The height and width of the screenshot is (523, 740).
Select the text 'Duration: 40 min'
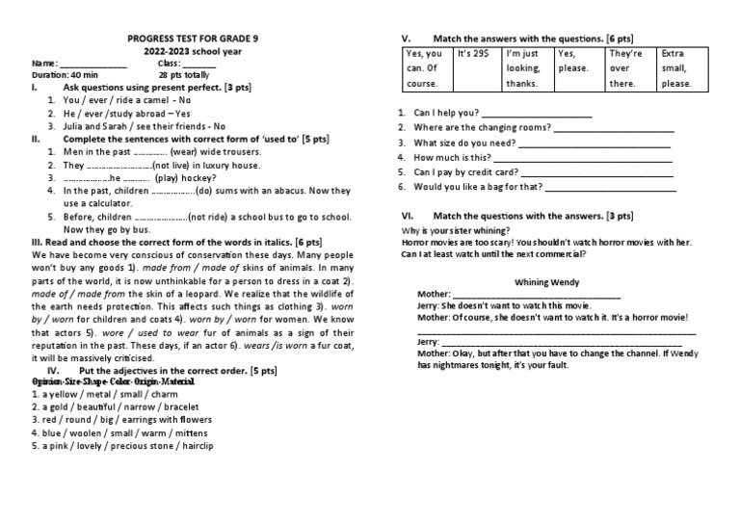65,74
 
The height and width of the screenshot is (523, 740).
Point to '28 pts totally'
182,74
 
